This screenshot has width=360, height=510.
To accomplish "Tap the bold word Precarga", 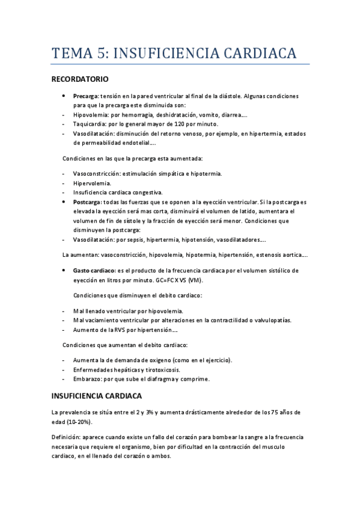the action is tap(85, 96).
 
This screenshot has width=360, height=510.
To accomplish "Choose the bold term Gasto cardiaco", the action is tap(94, 271).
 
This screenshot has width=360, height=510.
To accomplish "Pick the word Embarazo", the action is tap(87, 379).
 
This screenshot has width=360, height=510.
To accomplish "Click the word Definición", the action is tap(66, 437).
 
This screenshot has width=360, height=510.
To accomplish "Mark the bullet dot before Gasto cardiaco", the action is tap(66, 271).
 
